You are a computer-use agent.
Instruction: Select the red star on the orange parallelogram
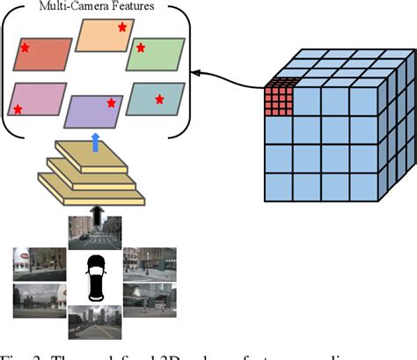point(122,28)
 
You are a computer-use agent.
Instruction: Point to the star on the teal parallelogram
point(159,99)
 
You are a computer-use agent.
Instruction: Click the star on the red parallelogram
point(25,48)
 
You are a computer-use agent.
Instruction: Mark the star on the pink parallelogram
point(18,110)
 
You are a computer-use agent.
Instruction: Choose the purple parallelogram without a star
point(94,112)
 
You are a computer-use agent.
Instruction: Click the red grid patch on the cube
point(279,99)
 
